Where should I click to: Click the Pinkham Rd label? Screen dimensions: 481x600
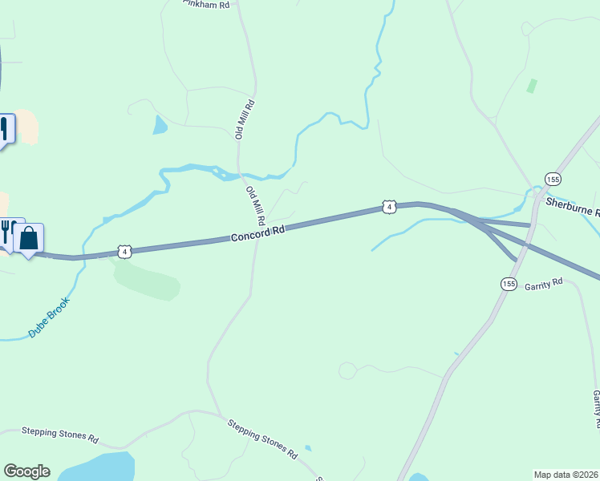[207, 5]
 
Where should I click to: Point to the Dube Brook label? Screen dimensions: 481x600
[49, 317]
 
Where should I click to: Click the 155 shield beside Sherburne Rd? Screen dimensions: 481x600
[552, 179]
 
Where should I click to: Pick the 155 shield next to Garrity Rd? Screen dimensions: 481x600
[509, 284]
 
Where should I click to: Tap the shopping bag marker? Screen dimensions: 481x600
[29, 239]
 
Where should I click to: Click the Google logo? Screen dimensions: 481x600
[26, 471]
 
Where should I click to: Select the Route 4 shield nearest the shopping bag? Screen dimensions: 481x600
[124, 252]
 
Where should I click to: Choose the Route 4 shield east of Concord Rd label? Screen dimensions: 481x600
[389, 207]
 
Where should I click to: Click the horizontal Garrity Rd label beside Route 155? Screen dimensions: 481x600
[544, 285]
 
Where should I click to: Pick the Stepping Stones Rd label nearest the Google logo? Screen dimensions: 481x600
[59, 435]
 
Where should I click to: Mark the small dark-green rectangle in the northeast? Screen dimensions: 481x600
[531, 86]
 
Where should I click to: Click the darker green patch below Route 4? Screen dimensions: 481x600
[148, 281]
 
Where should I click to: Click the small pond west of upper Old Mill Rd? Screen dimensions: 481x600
[160, 124]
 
